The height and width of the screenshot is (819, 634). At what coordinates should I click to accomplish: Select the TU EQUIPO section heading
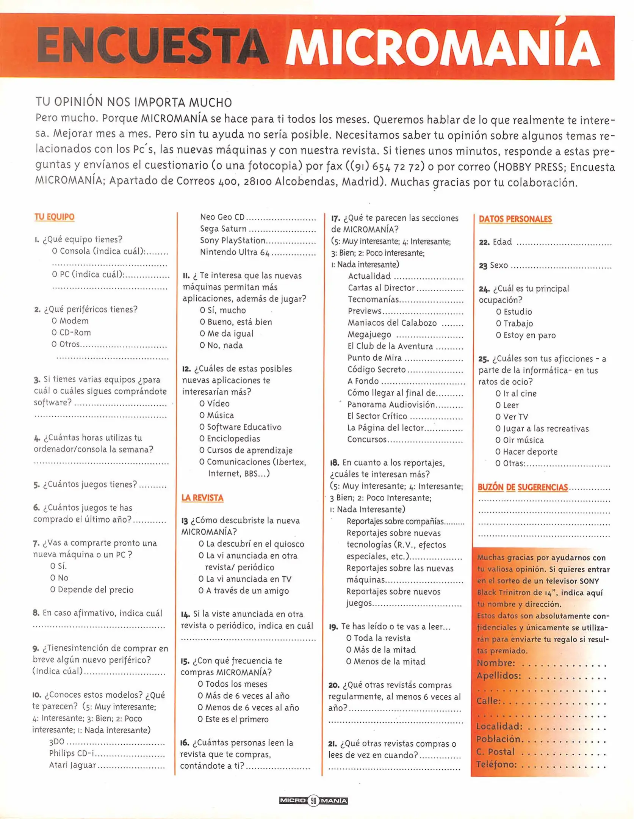[x=55, y=217]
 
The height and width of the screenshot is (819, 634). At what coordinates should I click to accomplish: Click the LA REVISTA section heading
[x=202, y=498]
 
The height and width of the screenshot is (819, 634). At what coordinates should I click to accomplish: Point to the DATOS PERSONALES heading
[x=515, y=219]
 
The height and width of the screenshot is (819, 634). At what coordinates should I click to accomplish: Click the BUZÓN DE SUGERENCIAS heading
[x=523, y=487]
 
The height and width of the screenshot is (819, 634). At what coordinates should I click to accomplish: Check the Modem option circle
[x=55, y=321]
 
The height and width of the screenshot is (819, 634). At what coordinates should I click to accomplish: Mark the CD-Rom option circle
[x=55, y=333]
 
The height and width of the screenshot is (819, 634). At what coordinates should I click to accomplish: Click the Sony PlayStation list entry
[x=233, y=240]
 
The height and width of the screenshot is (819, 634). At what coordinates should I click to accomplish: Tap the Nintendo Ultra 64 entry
[x=235, y=252]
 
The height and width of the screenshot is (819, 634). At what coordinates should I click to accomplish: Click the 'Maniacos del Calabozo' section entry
[x=392, y=323]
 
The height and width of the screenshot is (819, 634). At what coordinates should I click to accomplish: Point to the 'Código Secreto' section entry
[x=377, y=370]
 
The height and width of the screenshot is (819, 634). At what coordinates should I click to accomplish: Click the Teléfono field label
[x=496, y=764]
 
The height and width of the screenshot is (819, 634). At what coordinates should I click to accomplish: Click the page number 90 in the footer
[x=313, y=800]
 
